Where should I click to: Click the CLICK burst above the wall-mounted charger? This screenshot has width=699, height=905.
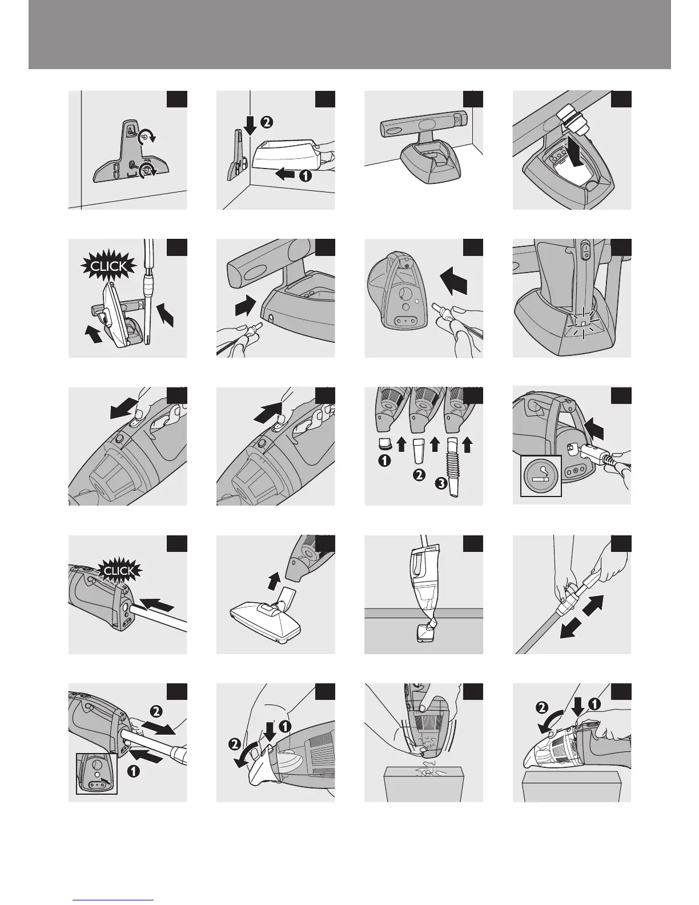(x=108, y=266)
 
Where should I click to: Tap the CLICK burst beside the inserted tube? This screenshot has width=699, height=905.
(x=119, y=570)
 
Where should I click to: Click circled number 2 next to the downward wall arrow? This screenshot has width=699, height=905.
(x=267, y=122)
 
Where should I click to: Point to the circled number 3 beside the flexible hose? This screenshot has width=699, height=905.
(x=441, y=483)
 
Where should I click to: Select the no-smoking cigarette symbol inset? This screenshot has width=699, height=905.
(x=541, y=476)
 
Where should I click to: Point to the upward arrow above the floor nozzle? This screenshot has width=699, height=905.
(x=273, y=580)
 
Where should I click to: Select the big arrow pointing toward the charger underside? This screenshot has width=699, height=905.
(x=454, y=281)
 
